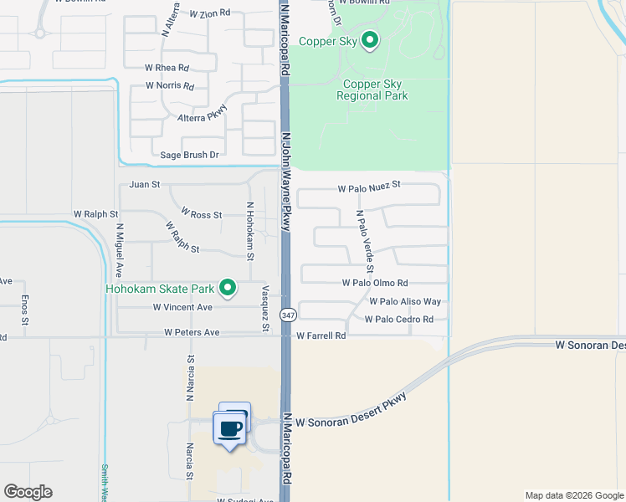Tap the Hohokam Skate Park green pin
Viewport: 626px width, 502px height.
pyautogui.click(x=228, y=289)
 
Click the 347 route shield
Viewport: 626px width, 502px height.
pyautogui.click(x=288, y=315)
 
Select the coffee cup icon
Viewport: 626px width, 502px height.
pyautogui.click(x=230, y=429)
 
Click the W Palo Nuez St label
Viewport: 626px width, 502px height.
pyautogui.click(x=370, y=188)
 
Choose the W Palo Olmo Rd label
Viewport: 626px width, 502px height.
pyautogui.click(x=375, y=284)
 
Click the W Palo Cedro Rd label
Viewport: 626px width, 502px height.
pyautogui.click(x=398, y=320)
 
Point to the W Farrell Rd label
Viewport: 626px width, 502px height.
pyautogui.click(x=321, y=336)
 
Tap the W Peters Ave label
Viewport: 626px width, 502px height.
pyautogui.click(x=192, y=332)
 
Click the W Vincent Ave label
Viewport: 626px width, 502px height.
pyautogui.click(x=182, y=307)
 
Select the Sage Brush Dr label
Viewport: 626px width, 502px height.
pyautogui.click(x=189, y=155)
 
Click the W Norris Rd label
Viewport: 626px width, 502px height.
pyautogui.click(x=169, y=85)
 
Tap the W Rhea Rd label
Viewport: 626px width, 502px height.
pyautogui.click(x=167, y=68)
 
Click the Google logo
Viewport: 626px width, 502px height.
pyautogui.click(x=28, y=492)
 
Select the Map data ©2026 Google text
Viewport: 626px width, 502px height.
pyautogui.click(x=573, y=495)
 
